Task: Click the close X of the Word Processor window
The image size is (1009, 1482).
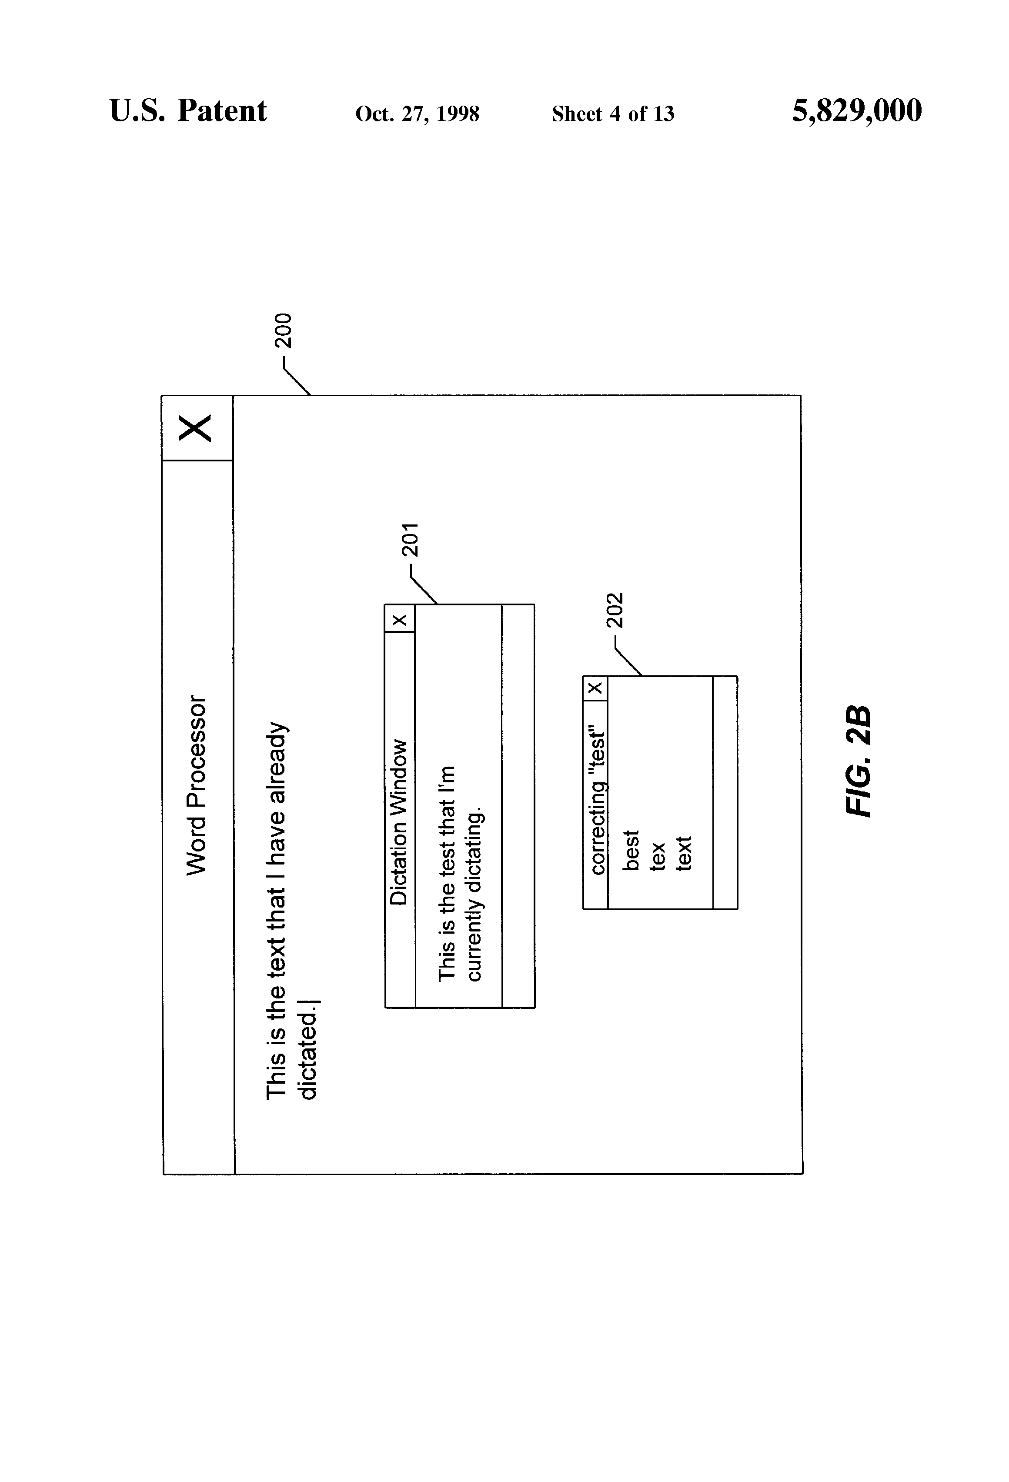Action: [x=195, y=428]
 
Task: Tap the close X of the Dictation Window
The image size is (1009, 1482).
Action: [x=399, y=619]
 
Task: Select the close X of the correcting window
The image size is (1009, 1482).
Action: [x=595, y=688]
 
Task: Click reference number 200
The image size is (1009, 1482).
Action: [x=283, y=330]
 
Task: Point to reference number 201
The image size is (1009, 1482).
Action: [x=410, y=540]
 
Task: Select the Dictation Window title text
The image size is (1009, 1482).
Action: [x=399, y=822]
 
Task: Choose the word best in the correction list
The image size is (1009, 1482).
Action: [x=630, y=850]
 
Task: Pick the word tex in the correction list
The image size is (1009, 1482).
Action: [x=657, y=856]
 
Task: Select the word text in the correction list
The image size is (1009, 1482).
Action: [x=683, y=853]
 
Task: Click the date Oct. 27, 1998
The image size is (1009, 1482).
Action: [x=417, y=113]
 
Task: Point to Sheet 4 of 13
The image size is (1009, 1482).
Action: [x=612, y=113]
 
